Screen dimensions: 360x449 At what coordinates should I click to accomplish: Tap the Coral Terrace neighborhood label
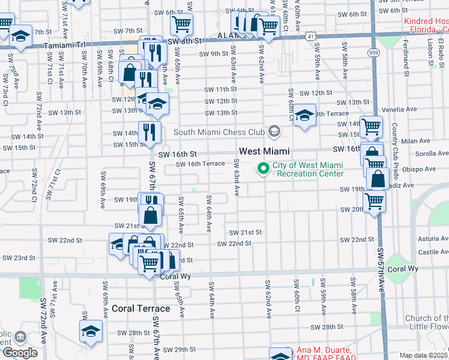[x=140, y=308]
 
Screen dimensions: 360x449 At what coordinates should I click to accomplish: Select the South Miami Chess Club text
[x=219, y=132]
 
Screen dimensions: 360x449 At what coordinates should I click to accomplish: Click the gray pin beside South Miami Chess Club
[x=274, y=131]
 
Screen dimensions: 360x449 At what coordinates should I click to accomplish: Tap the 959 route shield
[x=373, y=53]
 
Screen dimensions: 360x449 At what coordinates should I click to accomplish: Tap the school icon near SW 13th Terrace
[x=304, y=115]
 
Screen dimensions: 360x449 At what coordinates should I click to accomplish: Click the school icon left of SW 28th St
[x=91, y=331]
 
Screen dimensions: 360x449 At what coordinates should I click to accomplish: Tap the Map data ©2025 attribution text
[x=423, y=355]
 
